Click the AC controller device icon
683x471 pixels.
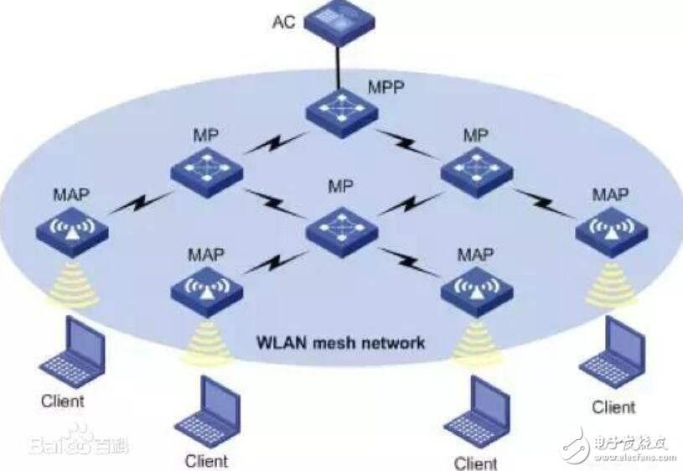click(339, 22)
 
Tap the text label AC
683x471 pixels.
click(284, 22)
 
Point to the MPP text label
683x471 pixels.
click(386, 87)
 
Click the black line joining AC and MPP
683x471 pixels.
click(338, 67)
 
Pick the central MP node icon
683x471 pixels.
click(342, 232)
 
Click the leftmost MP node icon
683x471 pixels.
click(207, 172)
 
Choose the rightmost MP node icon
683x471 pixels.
click(477, 172)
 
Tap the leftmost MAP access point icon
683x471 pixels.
click(72, 232)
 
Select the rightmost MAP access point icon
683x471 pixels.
click(612, 232)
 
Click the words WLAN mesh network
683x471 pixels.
click(340, 343)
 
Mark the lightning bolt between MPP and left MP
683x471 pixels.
click(275, 143)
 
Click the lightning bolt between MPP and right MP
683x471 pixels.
click(408, 144)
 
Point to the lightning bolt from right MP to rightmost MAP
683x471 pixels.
click(544, 203)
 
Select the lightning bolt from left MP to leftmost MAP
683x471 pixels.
click(140, 203)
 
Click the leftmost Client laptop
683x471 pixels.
click(73, 352)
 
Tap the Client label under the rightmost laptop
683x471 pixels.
click(613, 407)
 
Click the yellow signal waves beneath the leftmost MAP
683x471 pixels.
click(73, 283)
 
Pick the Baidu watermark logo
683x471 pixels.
click(79, 440)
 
